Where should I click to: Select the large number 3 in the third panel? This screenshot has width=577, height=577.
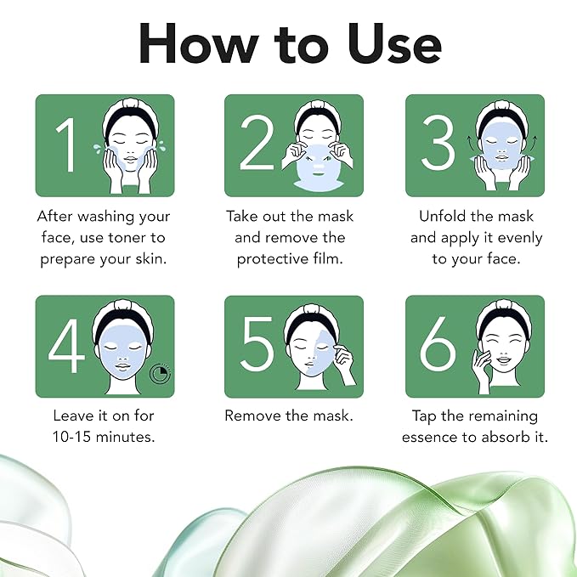(438, 145)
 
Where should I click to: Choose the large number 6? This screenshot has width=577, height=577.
(438, 348)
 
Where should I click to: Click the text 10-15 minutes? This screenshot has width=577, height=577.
(105, 438)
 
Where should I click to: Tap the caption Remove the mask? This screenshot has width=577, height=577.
(289, 416)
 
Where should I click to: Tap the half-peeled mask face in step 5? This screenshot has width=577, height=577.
(314, 348)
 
